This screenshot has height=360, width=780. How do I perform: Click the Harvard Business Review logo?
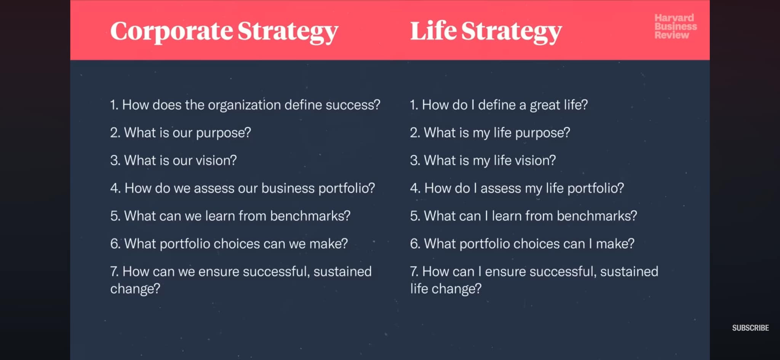coord(675,26)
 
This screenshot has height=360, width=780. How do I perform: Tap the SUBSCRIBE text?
coord(750,328)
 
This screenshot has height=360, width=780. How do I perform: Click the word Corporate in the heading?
coord(171,31)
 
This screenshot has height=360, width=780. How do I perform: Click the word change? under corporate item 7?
coord(135,289)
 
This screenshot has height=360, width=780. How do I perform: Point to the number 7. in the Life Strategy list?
coord(414,272)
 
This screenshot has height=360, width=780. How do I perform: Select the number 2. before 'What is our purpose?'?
coord(115,133)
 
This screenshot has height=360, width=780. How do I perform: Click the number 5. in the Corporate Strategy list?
coord(115,216)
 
